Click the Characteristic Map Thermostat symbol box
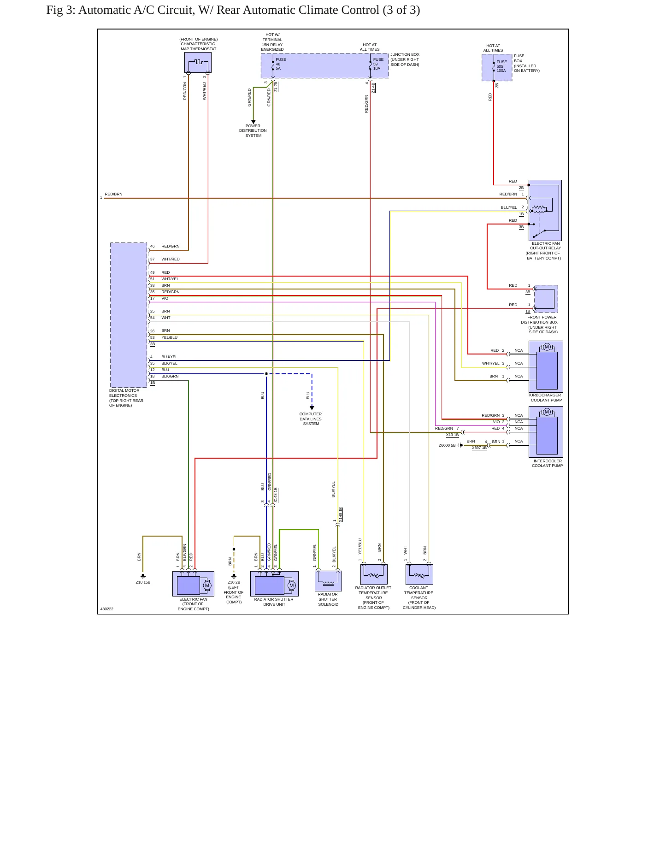(198, 62)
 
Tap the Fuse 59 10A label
(378, 64)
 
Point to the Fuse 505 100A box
(497, 67)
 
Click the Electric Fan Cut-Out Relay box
(545, 210)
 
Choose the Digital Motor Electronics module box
(129, 315)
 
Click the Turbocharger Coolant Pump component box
(546, 366)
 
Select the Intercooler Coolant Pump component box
(546, 431)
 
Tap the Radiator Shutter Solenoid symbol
(328, 581)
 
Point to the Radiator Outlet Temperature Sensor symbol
(374, 574)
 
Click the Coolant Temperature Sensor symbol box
(419, 574)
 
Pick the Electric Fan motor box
(193, 584)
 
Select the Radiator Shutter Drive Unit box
(274, 584)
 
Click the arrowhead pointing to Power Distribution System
(253, 122)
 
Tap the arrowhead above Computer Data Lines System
(312, 407)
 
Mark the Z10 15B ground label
(143, 582)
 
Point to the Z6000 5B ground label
(447, 445)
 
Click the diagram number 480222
(107, 609)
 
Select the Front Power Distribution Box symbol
(546, 299)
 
